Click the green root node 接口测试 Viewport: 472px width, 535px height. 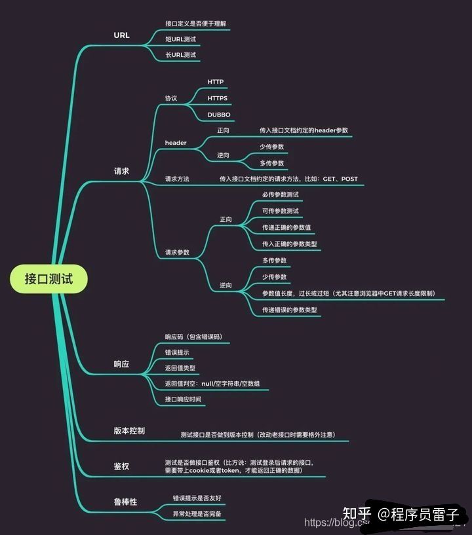pos(49,280)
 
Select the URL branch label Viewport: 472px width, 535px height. pos(121,35)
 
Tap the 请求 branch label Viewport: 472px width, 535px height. pos(121,172)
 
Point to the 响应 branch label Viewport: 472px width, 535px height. pos(121,364)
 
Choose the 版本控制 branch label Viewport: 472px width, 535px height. pos(129,431)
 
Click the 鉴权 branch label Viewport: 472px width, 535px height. pos(121,466)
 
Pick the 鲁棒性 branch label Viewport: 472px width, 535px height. pos(125,502)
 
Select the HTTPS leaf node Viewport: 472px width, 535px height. pos(217,98)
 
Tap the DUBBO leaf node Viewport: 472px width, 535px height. pos(219,115)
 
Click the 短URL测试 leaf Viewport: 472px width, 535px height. pos(180,39)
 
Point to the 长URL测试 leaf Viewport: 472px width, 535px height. pos(180,55)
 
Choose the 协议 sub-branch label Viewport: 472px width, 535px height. pos(171,98)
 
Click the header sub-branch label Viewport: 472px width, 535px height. pos(176,143)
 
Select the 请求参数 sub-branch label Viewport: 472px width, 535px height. pos(177,252)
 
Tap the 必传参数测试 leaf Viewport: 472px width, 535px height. pos(281,195)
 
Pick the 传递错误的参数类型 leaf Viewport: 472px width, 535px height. pos(290,310)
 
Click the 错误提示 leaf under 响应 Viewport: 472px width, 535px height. pos(177,352)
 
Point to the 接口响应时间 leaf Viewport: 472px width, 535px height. pos(183,399)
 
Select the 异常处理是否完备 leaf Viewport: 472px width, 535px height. pos(197,514)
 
